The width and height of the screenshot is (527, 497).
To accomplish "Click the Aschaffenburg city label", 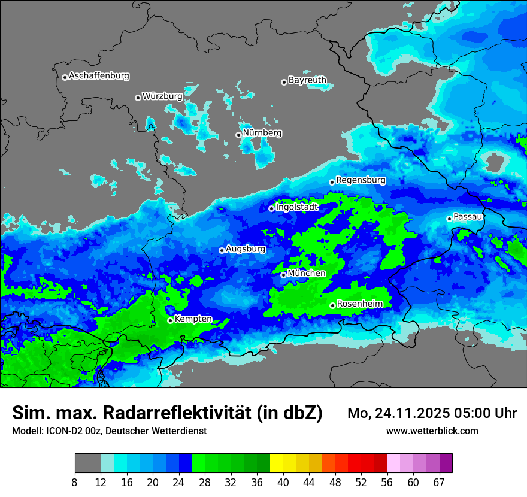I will pyautogui.click(x=99, y=76).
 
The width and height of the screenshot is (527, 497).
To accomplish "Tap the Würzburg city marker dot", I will pyautogui.click(x=138, y=98).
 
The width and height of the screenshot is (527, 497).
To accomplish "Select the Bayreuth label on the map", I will pyautogui.click(x=307, y=80).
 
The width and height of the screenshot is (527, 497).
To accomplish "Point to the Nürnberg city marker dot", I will pyautogui.click(x=238, y=135).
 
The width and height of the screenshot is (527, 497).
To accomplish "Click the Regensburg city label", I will pyautogui.click(x=361, y=180).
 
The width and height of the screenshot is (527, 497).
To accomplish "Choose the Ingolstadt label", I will pyautogui.click(x=296, y=207).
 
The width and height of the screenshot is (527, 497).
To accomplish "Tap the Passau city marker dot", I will pyautogui.click(x=449, y=219).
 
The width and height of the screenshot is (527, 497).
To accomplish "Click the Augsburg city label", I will pyautogui.click(x=246, y=249).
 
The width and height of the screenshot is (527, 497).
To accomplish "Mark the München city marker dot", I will pyautogui.click(x=284, y=275).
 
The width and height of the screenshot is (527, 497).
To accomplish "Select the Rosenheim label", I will pyautogui.click(x=359, y=304).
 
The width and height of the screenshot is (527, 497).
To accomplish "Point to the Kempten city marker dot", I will pyautogui.click(x=170, y=320).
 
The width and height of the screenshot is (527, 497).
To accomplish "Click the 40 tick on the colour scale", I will pyautogui.click(x=283, y=483).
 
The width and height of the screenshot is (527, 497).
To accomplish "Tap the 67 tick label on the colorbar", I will pyautogui.click(x=439, y=483).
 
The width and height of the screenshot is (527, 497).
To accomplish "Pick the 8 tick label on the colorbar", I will pyautogui.click(x=75, y=483).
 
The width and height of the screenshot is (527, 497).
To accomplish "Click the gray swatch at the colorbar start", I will pyautogui.click(x=87, y=463).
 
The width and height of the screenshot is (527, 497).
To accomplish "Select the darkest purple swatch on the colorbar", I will pyautogui.click(x=446, y=463).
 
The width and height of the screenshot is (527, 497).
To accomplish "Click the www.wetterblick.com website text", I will pyautogui.click(x=432, y=431).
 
